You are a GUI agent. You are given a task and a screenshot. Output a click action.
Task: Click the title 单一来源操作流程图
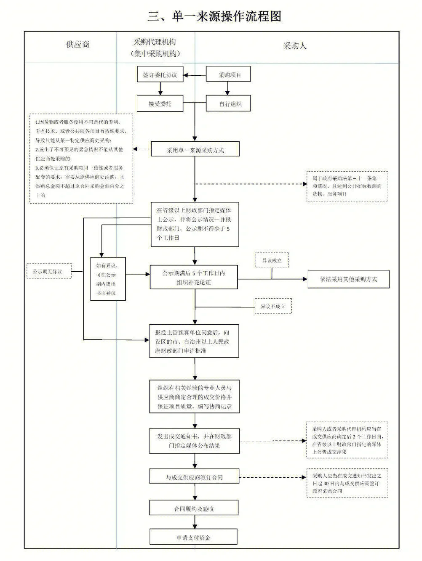click(214, 16)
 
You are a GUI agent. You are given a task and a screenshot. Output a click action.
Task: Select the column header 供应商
click(78, 45)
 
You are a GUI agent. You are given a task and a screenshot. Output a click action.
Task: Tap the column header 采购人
click(294, 46)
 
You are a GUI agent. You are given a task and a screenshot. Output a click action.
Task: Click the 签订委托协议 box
click(160, 75)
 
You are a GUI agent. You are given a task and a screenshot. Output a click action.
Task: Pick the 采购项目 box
click(229, 75)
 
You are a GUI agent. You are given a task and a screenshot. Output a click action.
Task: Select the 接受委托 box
click(160, 103)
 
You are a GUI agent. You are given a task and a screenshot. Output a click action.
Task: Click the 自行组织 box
click(229, 104)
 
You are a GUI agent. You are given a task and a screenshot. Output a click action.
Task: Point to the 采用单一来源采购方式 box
click(195, 150)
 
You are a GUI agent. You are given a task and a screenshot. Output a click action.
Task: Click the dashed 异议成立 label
click(272, 261)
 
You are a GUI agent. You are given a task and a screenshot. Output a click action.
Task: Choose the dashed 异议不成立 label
click(273, 307)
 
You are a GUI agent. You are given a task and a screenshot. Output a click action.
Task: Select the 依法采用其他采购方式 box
click(348, 279)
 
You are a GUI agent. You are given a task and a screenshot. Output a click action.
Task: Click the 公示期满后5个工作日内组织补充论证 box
click(194, 278)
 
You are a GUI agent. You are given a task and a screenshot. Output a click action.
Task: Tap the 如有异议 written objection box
click(108, 279)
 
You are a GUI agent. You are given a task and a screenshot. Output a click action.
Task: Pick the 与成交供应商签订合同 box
click(194, 477)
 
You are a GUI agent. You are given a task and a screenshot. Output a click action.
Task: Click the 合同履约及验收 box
click(194, 508)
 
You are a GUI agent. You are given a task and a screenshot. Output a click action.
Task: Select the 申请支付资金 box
click(193, 537)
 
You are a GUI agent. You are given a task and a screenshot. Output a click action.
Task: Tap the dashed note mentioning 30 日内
click(347, 483)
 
